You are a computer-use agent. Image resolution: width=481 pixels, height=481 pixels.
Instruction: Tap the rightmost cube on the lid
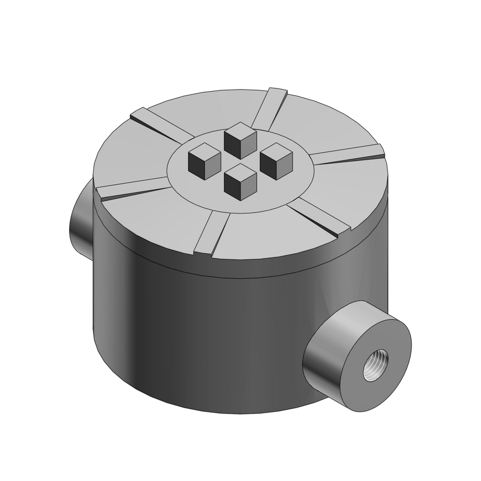coord(276,160)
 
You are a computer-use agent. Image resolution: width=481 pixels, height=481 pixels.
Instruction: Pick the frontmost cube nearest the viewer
coord(240,181)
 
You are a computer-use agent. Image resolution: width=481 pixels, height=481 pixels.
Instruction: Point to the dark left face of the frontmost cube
coord(233,185)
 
